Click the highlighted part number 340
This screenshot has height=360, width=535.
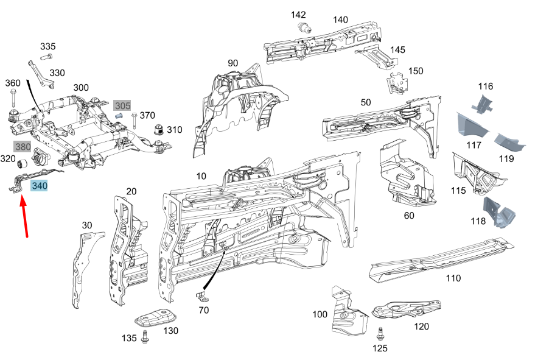(40, 186)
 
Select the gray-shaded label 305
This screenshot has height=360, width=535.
(122, 105)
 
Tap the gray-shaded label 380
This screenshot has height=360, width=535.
(23, 147)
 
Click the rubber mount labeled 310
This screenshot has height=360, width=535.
(158, 129)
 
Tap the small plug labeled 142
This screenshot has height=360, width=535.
(306, 27)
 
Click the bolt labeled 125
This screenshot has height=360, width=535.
(380, 334)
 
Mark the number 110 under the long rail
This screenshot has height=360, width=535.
(453, 278)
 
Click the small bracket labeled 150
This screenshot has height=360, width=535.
(397, 83)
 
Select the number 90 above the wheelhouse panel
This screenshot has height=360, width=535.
(233, 63)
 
